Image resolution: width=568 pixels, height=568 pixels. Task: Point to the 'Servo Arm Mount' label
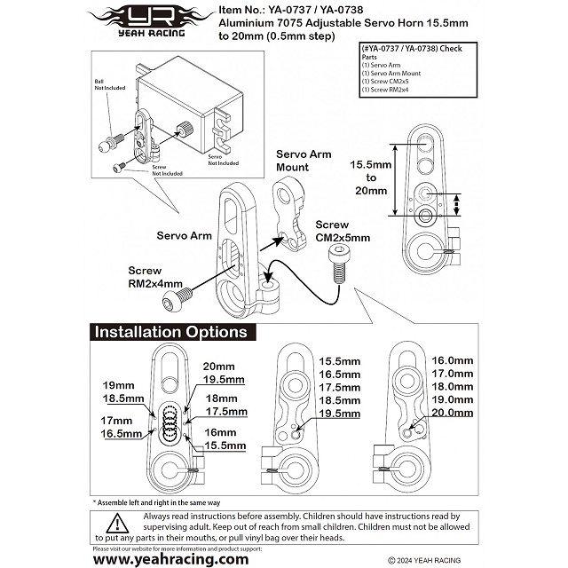[303, 161]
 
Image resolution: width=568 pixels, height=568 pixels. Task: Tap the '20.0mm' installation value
[449, 412]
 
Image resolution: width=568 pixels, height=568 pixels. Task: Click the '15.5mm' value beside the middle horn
[340, 361]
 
